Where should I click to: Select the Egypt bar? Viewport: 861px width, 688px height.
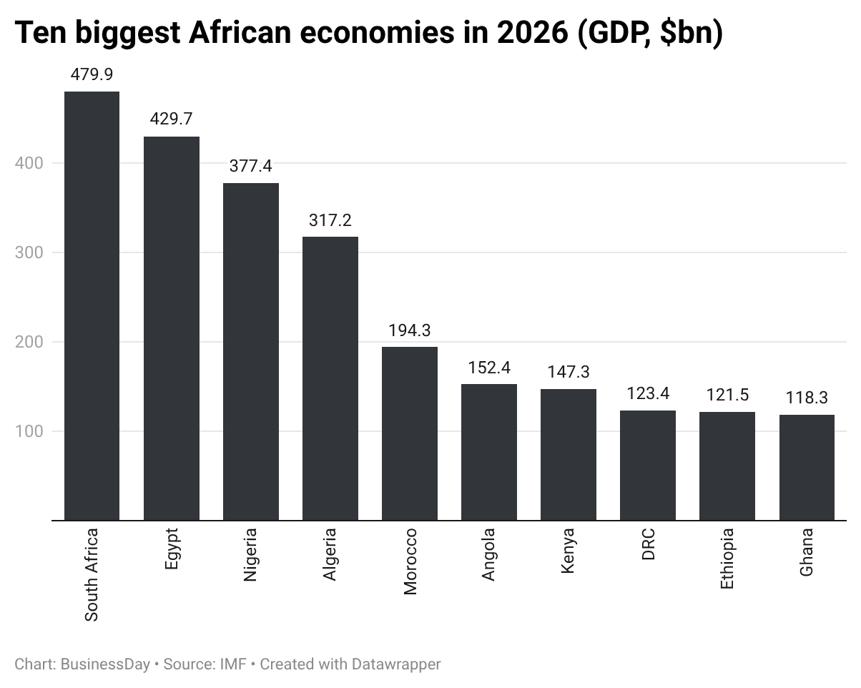pos(172,328)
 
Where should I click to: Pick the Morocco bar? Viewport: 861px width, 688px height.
pos(410,433)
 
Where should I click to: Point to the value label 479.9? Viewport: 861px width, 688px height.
pos(92,74)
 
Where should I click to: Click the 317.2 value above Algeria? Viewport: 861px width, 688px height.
pos(330,220)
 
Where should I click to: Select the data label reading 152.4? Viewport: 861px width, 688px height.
pos(489,368)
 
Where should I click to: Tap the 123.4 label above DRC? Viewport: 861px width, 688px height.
pos(648,393)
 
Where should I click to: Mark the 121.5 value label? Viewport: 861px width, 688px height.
pos(727,395)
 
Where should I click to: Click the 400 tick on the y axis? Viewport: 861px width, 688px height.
pos(29,163)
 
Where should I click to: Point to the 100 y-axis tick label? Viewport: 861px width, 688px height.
pos(29,431)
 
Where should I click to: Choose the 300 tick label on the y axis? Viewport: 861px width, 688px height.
pos(29,252)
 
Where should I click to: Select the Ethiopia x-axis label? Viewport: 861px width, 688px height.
pos(727,559)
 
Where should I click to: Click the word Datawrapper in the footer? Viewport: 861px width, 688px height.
pos(395,664)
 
